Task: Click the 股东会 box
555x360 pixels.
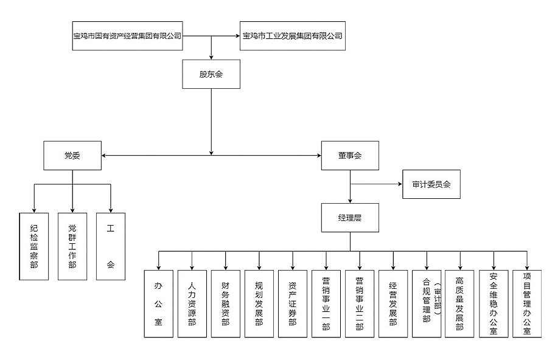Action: tap(211, 74)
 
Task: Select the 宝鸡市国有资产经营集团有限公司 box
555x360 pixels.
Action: tap(127, 36)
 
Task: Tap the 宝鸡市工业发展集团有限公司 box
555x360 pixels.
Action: tap(292, 36)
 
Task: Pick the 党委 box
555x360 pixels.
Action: tap(72, 156)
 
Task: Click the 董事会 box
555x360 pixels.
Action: tap(350, 156)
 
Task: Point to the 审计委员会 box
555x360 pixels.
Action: tap(431, 184)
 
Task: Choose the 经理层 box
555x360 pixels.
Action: tap(350, 217)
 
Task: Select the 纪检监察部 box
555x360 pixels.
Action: tap(34, 246)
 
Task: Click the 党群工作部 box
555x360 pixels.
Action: tap(72, 246)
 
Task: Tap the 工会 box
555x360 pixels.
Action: tap(111, 246)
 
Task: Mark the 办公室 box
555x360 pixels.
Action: tap(158, 303)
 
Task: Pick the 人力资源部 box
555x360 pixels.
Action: tap(192, 303)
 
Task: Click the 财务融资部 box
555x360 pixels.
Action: tap(226, 303)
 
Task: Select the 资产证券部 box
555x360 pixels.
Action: tap(293, 303)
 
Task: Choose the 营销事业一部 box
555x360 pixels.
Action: tap(326, 303)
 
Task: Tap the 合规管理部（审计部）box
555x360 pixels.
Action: tap(427, 303)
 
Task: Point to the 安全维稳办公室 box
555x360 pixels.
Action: tap(494, 303)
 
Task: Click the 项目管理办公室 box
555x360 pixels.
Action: tap(527, 303)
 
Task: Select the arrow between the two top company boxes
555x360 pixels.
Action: tap(210, 36)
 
